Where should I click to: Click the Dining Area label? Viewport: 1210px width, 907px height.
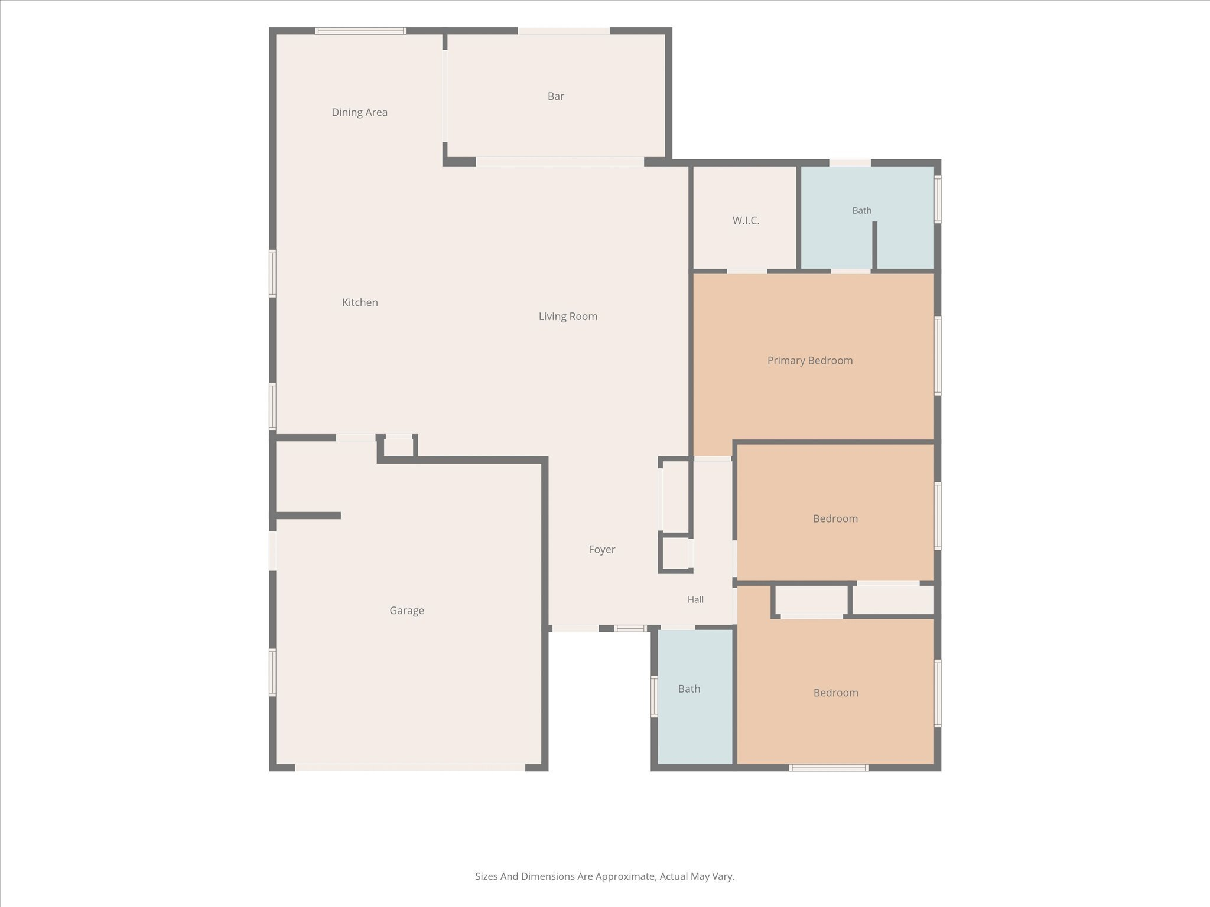359,112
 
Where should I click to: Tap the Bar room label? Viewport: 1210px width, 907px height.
555,96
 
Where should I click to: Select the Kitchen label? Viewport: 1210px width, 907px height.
360,302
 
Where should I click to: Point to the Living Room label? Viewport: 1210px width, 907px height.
568,317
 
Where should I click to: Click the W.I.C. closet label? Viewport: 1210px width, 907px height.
746,220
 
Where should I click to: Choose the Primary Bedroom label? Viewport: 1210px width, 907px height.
809,361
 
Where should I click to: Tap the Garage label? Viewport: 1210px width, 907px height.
406,611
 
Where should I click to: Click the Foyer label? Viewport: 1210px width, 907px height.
601,550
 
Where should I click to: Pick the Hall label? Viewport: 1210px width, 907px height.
695,599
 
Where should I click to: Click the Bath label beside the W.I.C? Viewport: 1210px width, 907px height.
861,210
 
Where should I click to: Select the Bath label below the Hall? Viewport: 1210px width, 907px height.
689,689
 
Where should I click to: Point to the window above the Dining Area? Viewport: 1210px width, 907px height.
360,31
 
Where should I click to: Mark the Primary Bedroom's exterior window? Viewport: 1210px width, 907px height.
938,356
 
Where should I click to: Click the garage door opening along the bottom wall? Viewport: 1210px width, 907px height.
410,768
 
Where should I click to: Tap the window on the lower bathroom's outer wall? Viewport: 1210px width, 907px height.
654,696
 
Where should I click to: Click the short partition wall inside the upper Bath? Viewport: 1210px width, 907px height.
874,246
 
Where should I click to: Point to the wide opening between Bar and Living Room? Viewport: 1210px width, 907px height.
560,162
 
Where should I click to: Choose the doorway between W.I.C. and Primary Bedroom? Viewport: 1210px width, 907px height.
747,271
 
